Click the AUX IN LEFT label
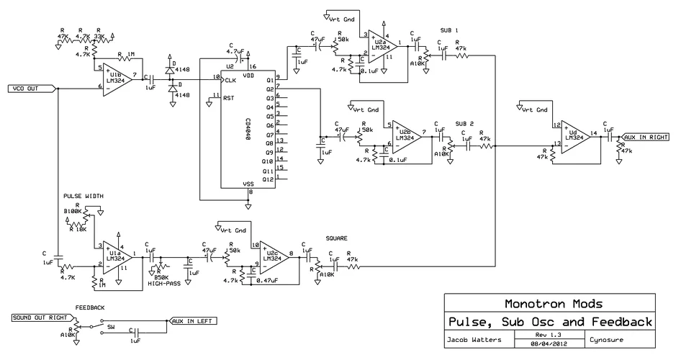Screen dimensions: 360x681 point(190,321)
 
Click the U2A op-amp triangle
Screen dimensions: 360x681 point(379,46)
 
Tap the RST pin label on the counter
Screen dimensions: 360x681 point(229,97)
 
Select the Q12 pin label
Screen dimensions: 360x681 point(269,179)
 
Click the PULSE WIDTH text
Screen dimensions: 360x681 point(84,195)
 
